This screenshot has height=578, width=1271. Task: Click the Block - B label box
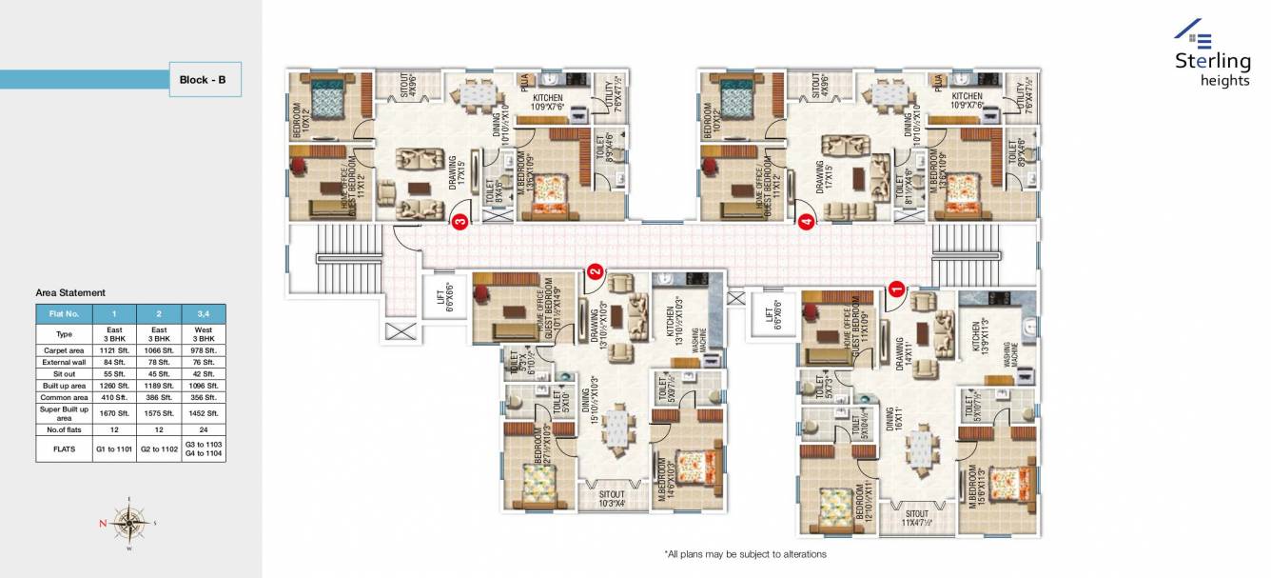(x=204, y=80)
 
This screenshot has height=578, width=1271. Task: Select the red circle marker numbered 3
(x=460, y=223)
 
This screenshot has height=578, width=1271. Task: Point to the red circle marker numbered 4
(x=807, y=223)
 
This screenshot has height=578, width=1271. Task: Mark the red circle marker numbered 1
(x=895, y=284)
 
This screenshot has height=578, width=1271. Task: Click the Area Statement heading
(x=70, y=293)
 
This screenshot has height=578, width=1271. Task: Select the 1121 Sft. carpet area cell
(x=113, y=350)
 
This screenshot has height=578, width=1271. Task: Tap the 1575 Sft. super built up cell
(x=160, y=413)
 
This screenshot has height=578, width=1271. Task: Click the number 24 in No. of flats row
(x=204, y=429)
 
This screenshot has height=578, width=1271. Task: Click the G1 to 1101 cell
(x=113, y=448)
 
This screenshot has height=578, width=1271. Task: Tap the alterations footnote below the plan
(x=745, y=554)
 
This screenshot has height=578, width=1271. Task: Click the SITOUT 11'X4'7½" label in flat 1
(x=917, y=518)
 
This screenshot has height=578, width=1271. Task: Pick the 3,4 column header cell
(x=204, y=313)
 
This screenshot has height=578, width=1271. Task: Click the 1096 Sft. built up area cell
(x=204, y=385)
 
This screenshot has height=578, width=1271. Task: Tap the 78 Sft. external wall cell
(x=160, y=362)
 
